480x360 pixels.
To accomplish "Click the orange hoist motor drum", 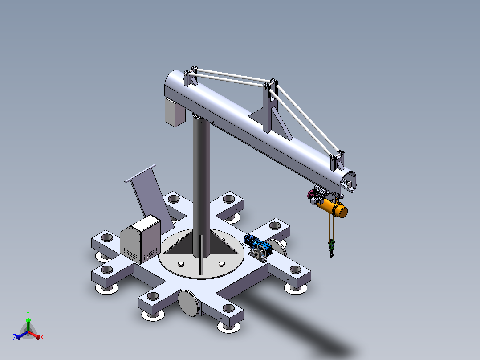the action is click(x=333, y=208).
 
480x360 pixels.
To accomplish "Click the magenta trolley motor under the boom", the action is click(x=312, y=194).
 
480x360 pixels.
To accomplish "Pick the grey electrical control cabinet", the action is click(x=140, y=239).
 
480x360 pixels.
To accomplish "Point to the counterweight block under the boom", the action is click(x=175, y=112).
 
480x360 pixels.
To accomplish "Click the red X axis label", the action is click(x=42, y=337).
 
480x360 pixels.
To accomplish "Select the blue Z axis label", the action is click(x=14, y=337).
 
